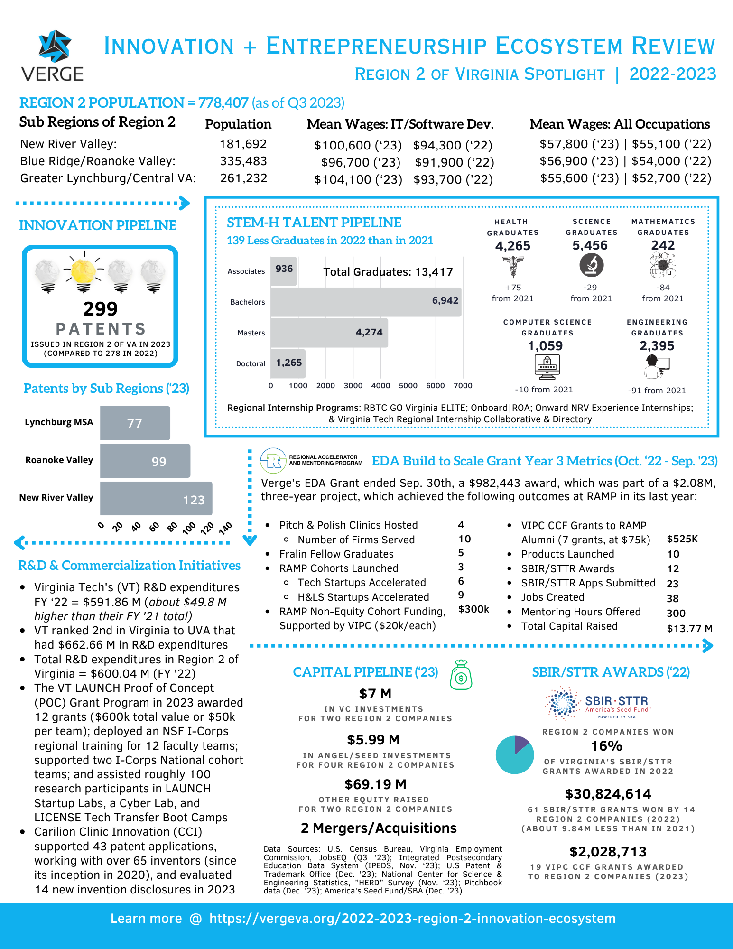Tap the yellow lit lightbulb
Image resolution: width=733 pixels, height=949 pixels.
[83, 271]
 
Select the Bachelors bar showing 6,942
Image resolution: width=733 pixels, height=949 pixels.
[366, 302]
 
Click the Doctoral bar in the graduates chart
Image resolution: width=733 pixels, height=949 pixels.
[288, 363]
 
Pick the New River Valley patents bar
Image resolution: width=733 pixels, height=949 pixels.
[156, 498]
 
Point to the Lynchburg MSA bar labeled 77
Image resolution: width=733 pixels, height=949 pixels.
[135, 423]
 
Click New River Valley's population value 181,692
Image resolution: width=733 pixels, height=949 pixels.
[243, 144]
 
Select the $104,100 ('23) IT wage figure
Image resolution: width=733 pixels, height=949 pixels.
[358, 180]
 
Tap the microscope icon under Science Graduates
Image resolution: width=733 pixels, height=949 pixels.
[591, 265]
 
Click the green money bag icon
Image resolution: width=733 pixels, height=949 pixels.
[461, 675]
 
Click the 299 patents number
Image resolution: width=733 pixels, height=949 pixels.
[100, 309]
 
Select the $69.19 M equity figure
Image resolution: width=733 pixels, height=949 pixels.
[375, 784]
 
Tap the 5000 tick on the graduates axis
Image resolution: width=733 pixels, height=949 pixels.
[408, 386]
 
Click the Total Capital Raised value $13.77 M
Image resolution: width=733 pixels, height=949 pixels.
[689, 629]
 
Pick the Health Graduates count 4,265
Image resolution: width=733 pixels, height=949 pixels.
[512, 246]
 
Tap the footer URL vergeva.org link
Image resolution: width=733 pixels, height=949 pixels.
[412, 919]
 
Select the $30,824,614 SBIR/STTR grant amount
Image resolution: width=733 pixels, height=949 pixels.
[608, 794]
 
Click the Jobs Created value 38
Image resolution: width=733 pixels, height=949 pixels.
[672, 599]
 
